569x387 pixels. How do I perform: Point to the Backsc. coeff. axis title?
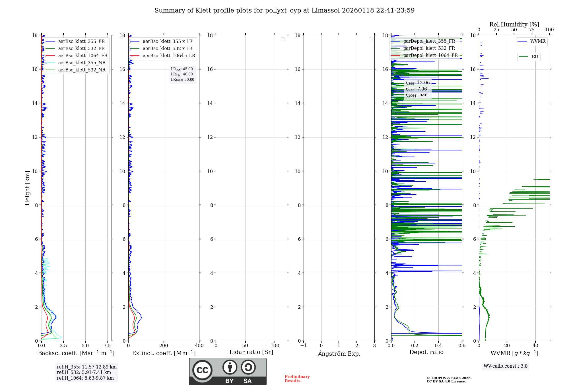(x=76, y=353)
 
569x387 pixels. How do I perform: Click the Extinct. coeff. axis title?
(x=164, y=353)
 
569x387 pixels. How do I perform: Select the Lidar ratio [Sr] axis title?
(x=251, y=352)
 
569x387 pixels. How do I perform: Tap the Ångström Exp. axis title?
(x=339, y=353)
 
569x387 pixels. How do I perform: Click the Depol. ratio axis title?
(x=426, y=352)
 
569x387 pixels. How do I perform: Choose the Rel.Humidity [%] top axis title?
(x=514, y=24)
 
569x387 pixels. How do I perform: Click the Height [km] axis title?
(x=27, y=188)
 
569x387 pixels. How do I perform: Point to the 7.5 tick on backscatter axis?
(x=107, y=345)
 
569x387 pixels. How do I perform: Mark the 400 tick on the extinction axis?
(x=199, y=345)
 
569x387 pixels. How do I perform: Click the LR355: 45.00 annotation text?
(x=182, y=69)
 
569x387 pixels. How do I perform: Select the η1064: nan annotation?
(x=417, y=95)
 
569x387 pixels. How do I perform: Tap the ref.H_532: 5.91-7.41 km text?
(x=84, y=372)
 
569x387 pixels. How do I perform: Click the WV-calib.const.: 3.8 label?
(x=506, y=366)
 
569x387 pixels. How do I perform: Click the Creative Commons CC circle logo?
(x=202, y=370)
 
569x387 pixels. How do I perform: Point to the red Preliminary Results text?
(x=297, y=379)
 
